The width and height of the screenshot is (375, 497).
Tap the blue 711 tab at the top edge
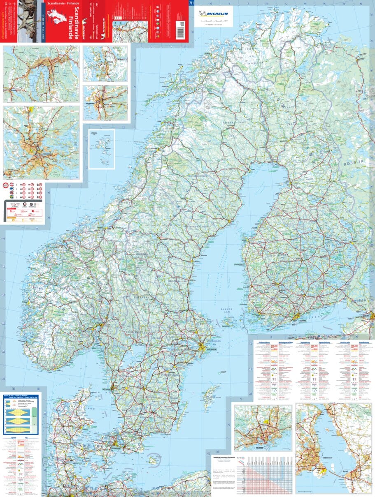point(191,3)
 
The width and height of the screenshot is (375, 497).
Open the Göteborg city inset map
point(106,102)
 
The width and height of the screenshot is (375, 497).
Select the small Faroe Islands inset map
point(102,149)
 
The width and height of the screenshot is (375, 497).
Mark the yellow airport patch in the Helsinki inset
point(267,421)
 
